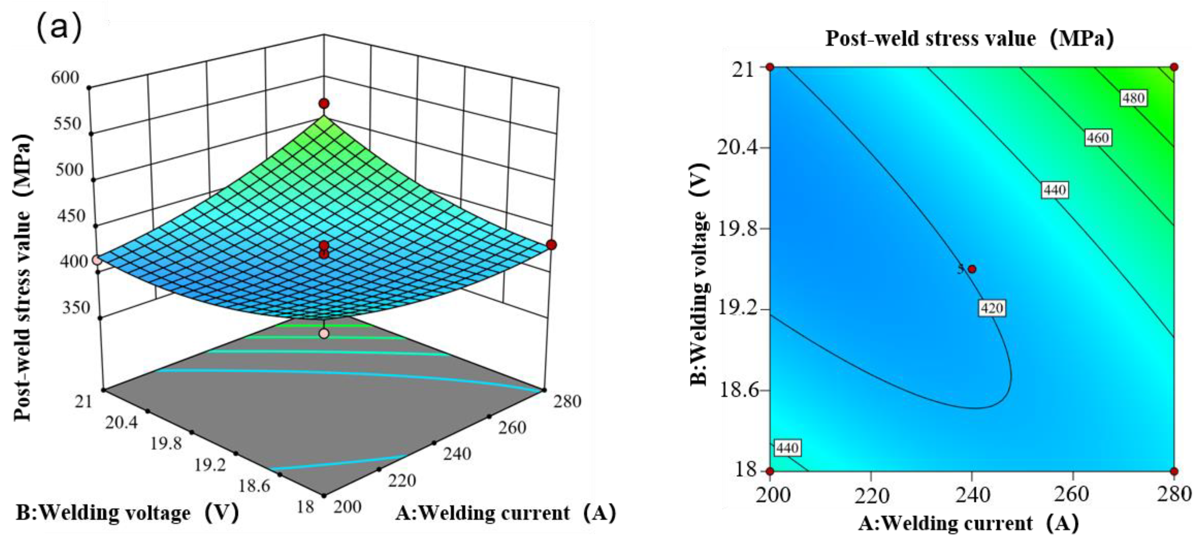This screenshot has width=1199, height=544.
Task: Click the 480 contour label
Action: (x=1133, y=98)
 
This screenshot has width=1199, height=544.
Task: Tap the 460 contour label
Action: (x=1098, y=138)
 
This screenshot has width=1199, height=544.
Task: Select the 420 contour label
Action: (x=992, y=308)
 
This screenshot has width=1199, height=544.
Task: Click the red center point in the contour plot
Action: (x=972, y=269)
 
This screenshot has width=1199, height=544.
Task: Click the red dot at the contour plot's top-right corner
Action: (x=1174, y=67)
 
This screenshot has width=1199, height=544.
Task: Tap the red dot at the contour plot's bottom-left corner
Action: (x=770, y=471)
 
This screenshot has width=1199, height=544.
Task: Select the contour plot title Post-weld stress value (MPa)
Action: (x=970, y=38)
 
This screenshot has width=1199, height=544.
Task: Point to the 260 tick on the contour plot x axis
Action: (x=1072, y=494)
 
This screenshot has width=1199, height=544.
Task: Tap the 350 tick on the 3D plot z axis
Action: (x=75, y=308)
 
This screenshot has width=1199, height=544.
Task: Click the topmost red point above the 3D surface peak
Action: (x=324, y=103)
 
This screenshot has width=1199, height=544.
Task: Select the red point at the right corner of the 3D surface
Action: (x=552, y=245)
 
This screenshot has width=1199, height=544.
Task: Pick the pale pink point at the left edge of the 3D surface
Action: (x=97, y=260)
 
